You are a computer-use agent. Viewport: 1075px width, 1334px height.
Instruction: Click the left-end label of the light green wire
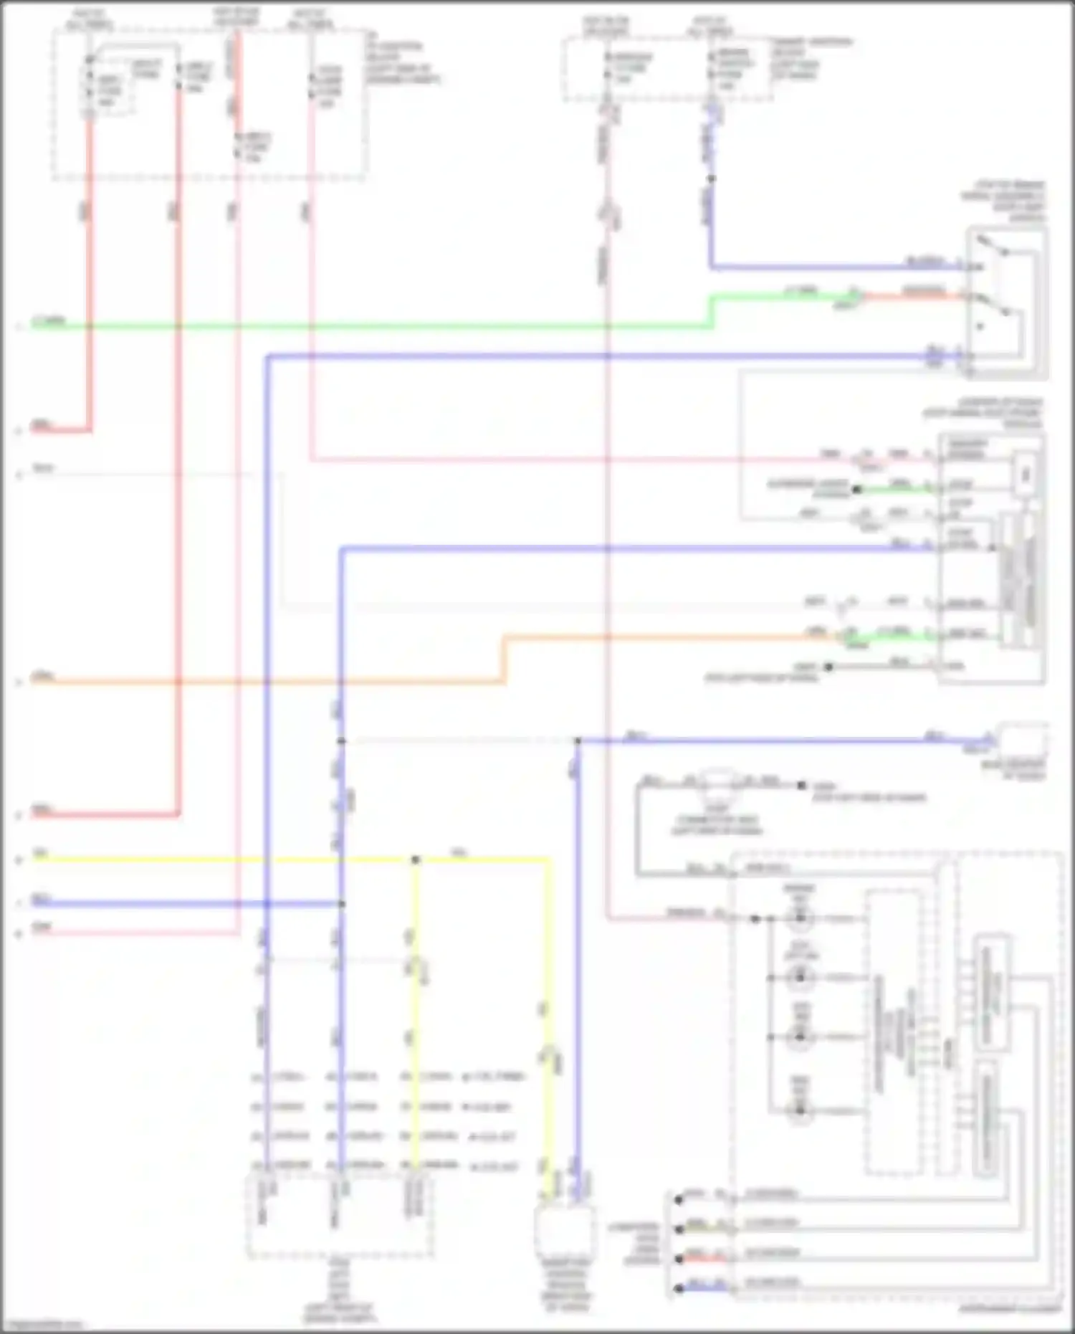point(49,320)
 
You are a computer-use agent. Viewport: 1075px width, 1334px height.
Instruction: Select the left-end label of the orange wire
point(43,676)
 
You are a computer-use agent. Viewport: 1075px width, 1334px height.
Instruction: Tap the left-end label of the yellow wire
point(40,854)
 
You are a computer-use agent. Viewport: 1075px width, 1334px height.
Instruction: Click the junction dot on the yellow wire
point(416,859)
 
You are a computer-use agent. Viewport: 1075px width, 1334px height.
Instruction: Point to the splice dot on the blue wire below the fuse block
point(711,178)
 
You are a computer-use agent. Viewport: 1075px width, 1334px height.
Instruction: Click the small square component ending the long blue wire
point(1023,740)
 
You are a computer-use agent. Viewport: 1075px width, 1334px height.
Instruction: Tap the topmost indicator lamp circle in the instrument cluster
point(800,918)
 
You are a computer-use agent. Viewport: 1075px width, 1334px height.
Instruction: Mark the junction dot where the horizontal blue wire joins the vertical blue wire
point(342,904)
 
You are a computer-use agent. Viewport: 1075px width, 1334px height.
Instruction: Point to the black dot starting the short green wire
point(856,490)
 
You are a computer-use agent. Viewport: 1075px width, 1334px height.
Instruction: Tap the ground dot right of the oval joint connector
point(802,786)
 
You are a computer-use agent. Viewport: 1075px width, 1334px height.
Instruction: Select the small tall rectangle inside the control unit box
point(1026,474)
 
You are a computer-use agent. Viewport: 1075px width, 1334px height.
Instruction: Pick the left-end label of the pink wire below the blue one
point(42,928)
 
